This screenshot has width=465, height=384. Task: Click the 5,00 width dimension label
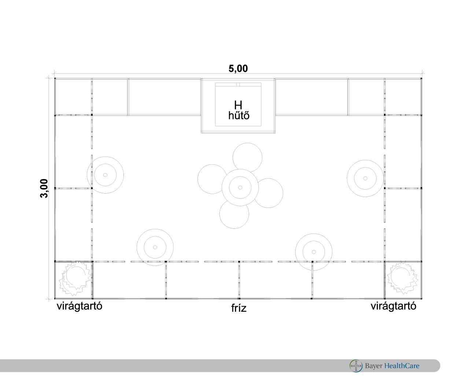click(x=238, y=69)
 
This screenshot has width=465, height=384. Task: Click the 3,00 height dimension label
click(x=44, y=188)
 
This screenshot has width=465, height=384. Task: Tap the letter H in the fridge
click(x=238, y=105)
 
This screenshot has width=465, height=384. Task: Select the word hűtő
click(x=239, y=116)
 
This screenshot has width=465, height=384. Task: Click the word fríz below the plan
click(x=239, y=308)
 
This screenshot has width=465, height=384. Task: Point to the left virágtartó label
click(x=80, y=306)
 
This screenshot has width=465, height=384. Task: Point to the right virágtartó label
click(x=393, y=306)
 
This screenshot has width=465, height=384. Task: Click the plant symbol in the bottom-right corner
click(x=403, y=278)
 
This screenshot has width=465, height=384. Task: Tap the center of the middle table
click(x=240, y=187)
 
